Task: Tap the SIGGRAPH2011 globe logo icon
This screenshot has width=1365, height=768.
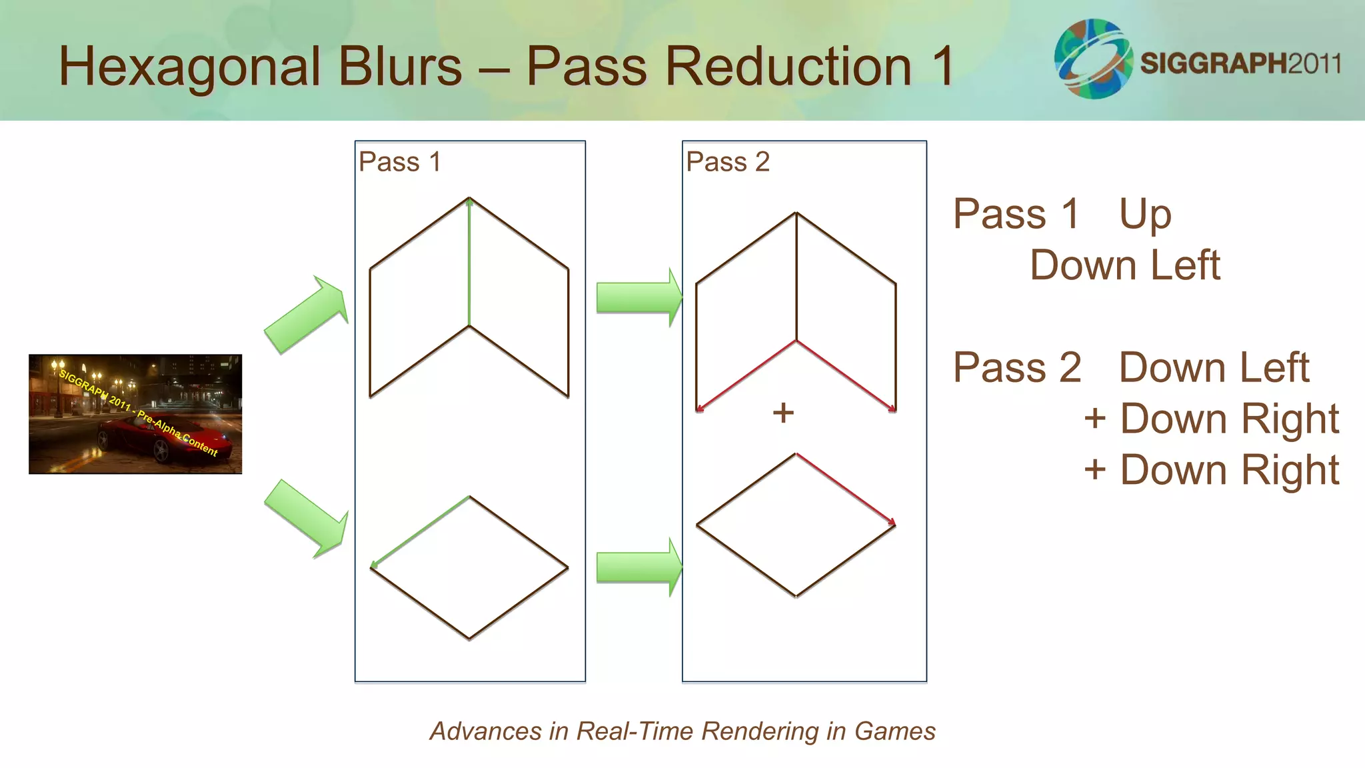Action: pos(1093,59)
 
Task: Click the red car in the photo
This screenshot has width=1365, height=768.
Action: pos(167,437)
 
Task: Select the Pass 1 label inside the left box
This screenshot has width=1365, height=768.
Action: pos(399,162)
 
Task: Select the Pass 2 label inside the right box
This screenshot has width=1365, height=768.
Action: pos(728,162)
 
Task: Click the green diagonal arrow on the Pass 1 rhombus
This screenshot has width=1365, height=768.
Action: pos(420,532)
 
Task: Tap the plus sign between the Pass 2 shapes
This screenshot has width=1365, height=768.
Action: pos(784,413)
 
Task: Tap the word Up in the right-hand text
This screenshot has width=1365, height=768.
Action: pos(1144,215)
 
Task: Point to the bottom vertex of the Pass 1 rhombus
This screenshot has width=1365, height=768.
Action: pos(469,639)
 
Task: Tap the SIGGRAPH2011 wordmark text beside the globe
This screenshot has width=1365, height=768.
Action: pos(1240,63)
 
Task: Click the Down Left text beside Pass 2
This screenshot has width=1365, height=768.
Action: pos(1214,367)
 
